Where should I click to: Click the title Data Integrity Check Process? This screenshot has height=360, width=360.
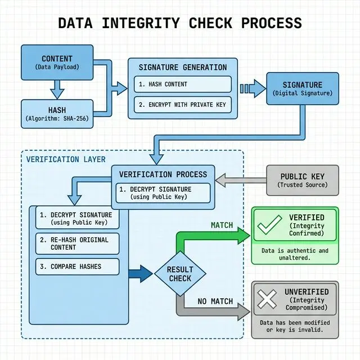tap(180, 23)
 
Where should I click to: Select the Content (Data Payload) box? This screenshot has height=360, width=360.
tap(57, 62)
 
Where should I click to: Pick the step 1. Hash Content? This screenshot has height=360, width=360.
tap(183, 84)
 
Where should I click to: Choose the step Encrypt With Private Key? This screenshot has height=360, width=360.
tap(183, 105)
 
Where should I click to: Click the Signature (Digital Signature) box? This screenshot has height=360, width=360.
tap(302, 89)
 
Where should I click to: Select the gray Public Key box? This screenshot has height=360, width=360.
tap(302, 180)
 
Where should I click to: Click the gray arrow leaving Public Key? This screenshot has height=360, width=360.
tap(240, 181)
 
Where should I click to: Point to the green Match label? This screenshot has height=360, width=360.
tap(222, 225)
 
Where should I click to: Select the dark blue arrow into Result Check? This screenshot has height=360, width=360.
tap(140, 274)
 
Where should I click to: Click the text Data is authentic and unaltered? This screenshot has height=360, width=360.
tap(295, 254)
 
